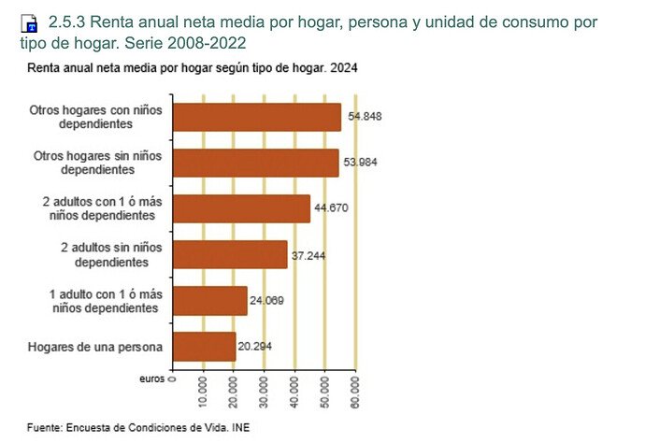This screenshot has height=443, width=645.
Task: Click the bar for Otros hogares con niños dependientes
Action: point(257,117)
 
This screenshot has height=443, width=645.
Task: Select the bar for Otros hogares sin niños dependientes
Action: point(256,163)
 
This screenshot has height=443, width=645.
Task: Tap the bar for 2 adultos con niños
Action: point(242,207)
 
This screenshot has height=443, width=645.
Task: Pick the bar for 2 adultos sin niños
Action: point(231,254)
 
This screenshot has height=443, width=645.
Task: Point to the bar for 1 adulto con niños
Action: point(210,300)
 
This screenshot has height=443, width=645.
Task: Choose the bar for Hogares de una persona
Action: point(205,346)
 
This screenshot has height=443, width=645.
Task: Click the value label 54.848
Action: point(365,116)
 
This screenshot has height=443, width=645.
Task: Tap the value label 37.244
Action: point(309,254)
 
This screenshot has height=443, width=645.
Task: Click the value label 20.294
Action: point(255,346)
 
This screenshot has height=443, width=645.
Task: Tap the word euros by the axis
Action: point(151,379)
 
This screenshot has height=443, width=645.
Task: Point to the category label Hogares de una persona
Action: point(96,347)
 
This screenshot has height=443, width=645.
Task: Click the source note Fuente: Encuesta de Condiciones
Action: point(139,428)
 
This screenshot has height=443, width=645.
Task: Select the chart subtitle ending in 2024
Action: point(192,68)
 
